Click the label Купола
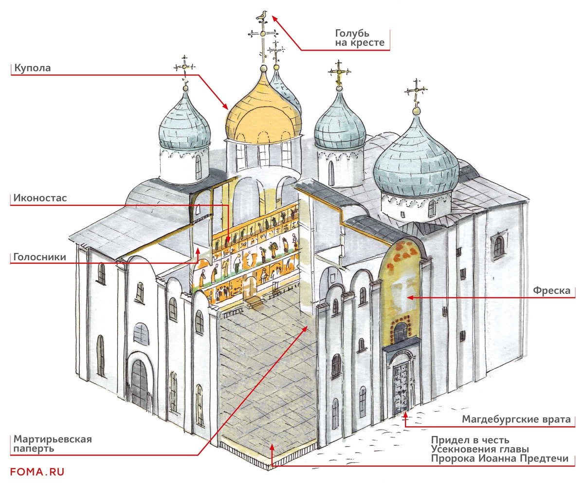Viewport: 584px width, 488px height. pyautogui.click(x=33, y=68)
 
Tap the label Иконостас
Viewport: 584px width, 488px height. pyautogui.click(x=40, y=199)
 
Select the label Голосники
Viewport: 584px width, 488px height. pyautogui.click(x=40, y=257)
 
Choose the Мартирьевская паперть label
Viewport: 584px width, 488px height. pyautogui.click(x=53, y=443)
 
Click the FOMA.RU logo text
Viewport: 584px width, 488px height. pyautogui.click(x=37, y=471)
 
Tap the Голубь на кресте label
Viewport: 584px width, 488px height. pyautogui.click(x=360, y=38)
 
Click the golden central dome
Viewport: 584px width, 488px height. pyautogui.click(x=263, y=112)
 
